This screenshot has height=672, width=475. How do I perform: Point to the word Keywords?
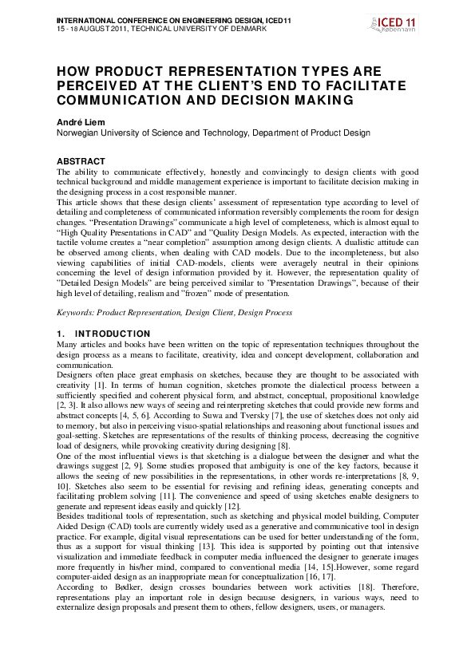pos(75,313)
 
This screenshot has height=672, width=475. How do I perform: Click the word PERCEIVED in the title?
pos(97,85)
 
